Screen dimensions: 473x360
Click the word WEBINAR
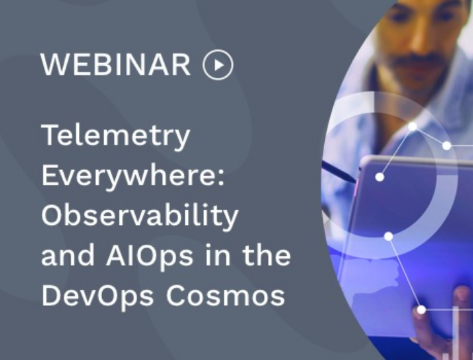click(116, 64)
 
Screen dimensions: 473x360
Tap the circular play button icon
click(218, 64)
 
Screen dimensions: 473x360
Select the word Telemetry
click(116, 136)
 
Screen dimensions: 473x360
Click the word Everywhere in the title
click(130, 176)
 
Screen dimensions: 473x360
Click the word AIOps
click(149, 256)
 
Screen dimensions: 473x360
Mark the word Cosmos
click(226, 296)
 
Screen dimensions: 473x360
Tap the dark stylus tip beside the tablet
click(352, 179)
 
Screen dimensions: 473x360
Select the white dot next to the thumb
click(422, 310)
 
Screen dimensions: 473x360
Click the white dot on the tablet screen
click(380, 177)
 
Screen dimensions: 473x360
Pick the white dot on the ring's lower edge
click(389, 237)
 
